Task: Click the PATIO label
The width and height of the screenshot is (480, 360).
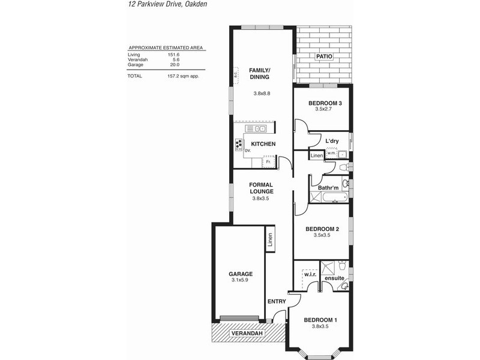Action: click(323, 57)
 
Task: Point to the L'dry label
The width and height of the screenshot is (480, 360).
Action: click(332, 142)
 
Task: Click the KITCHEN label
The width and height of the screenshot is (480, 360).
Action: click(263, 144)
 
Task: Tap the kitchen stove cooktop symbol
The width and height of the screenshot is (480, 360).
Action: click(239, 144)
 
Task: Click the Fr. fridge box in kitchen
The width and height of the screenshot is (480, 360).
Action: click(268, 162)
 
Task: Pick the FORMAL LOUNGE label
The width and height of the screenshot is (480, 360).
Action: click(262, 188)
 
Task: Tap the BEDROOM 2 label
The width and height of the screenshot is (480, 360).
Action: click(322, 229)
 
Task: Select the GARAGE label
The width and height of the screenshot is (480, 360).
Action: click(241, 274)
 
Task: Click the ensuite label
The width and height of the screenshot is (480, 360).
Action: click(334, 279)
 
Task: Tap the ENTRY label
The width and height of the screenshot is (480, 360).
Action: click(277, 301)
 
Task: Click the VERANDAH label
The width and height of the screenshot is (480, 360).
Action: click(247, 333)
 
